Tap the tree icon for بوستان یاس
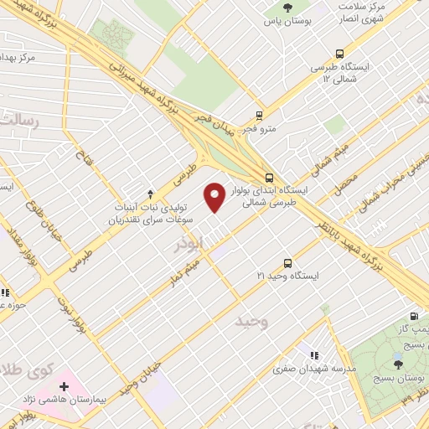point(288,8)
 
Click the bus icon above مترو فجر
point(260,116)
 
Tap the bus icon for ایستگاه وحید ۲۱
point(288,261)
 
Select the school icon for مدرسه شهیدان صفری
point(315,354)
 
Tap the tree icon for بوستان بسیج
point(397,364)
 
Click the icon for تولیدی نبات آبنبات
point(150,194)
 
